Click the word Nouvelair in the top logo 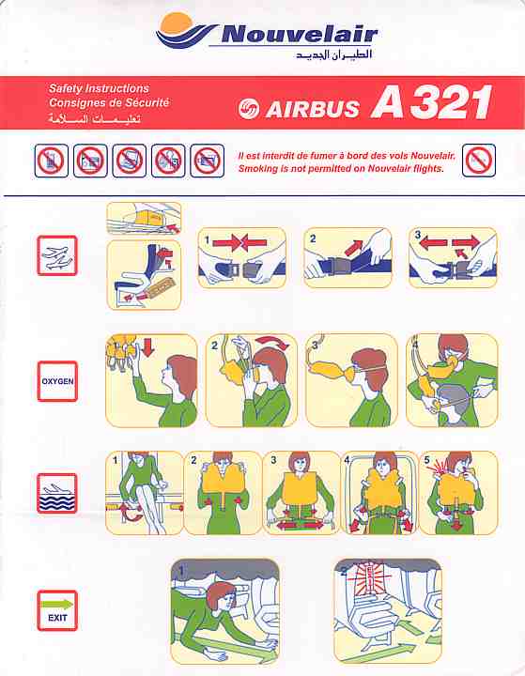300,34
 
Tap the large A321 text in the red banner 431,102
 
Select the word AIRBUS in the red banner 313,109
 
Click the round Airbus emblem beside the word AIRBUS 249,109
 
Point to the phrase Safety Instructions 99,88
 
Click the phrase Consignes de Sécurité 109,102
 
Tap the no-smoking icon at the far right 478,161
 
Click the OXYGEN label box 57,381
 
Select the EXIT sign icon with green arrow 57,610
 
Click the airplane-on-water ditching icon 57,493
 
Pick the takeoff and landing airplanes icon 57,255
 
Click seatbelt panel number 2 347,258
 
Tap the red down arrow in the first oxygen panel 147,347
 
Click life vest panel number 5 458,493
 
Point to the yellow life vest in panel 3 301,490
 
